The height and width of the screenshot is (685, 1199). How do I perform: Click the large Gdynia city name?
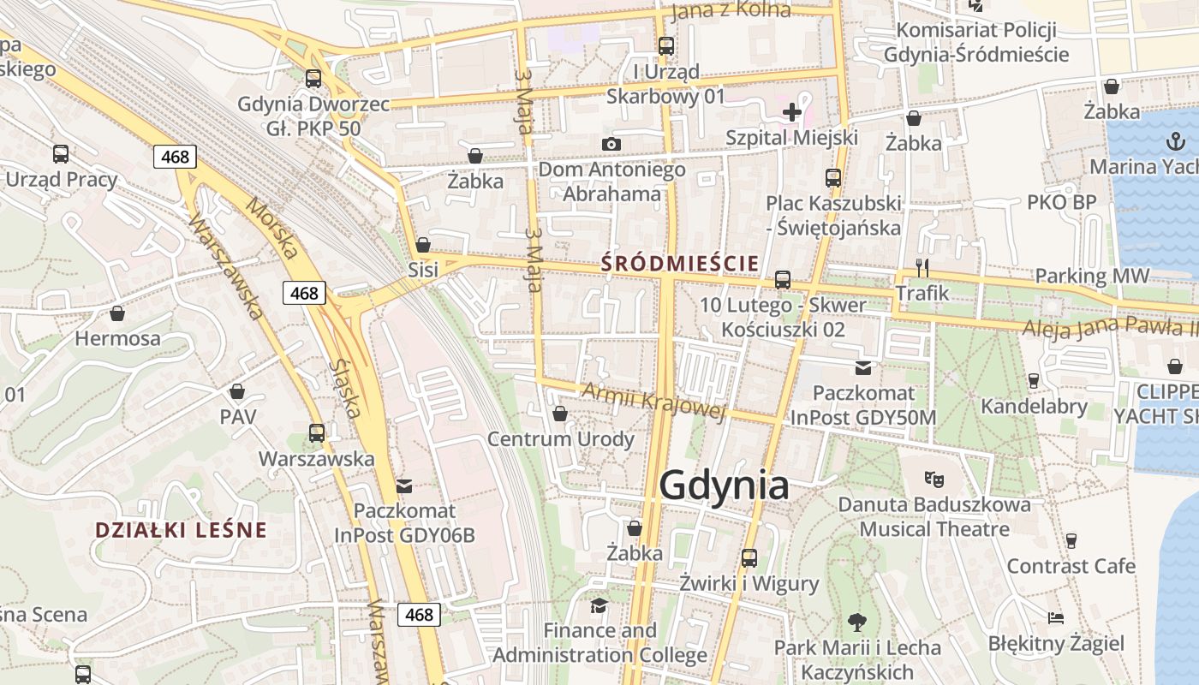tap(724, 485)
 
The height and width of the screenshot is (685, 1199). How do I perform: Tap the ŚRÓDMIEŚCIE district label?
tap(680, 263)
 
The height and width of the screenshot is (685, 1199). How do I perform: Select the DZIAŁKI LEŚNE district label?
tap(181, 530)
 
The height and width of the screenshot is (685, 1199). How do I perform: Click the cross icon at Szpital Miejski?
tap(792, 111)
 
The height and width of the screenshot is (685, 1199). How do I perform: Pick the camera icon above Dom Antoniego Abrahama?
tap(611, 144)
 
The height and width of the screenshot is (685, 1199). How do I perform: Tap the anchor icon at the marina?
tap(1175, 141)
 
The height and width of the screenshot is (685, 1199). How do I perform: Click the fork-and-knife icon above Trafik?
tap(922, 267)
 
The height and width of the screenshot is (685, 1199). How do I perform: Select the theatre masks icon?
tap(934, 479)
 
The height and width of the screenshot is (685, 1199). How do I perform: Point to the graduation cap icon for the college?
tap(599, 605)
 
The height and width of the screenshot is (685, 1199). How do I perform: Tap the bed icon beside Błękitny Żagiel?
tap(1056, 617)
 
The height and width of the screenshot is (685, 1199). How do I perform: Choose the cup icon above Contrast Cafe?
tap(1071, 540)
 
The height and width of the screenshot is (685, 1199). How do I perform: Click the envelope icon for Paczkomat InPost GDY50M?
tap(862, 368)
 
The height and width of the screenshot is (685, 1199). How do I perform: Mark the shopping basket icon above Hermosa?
tap(117, 313)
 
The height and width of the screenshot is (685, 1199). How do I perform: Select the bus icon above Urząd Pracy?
tap(61, 154)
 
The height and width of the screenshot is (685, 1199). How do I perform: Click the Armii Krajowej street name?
tap(653, 401)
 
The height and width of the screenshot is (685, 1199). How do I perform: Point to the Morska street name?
tap(272, 228)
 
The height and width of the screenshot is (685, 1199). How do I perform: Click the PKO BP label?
tap(1061, 203)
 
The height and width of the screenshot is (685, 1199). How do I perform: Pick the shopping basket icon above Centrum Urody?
tap(560, 414)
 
